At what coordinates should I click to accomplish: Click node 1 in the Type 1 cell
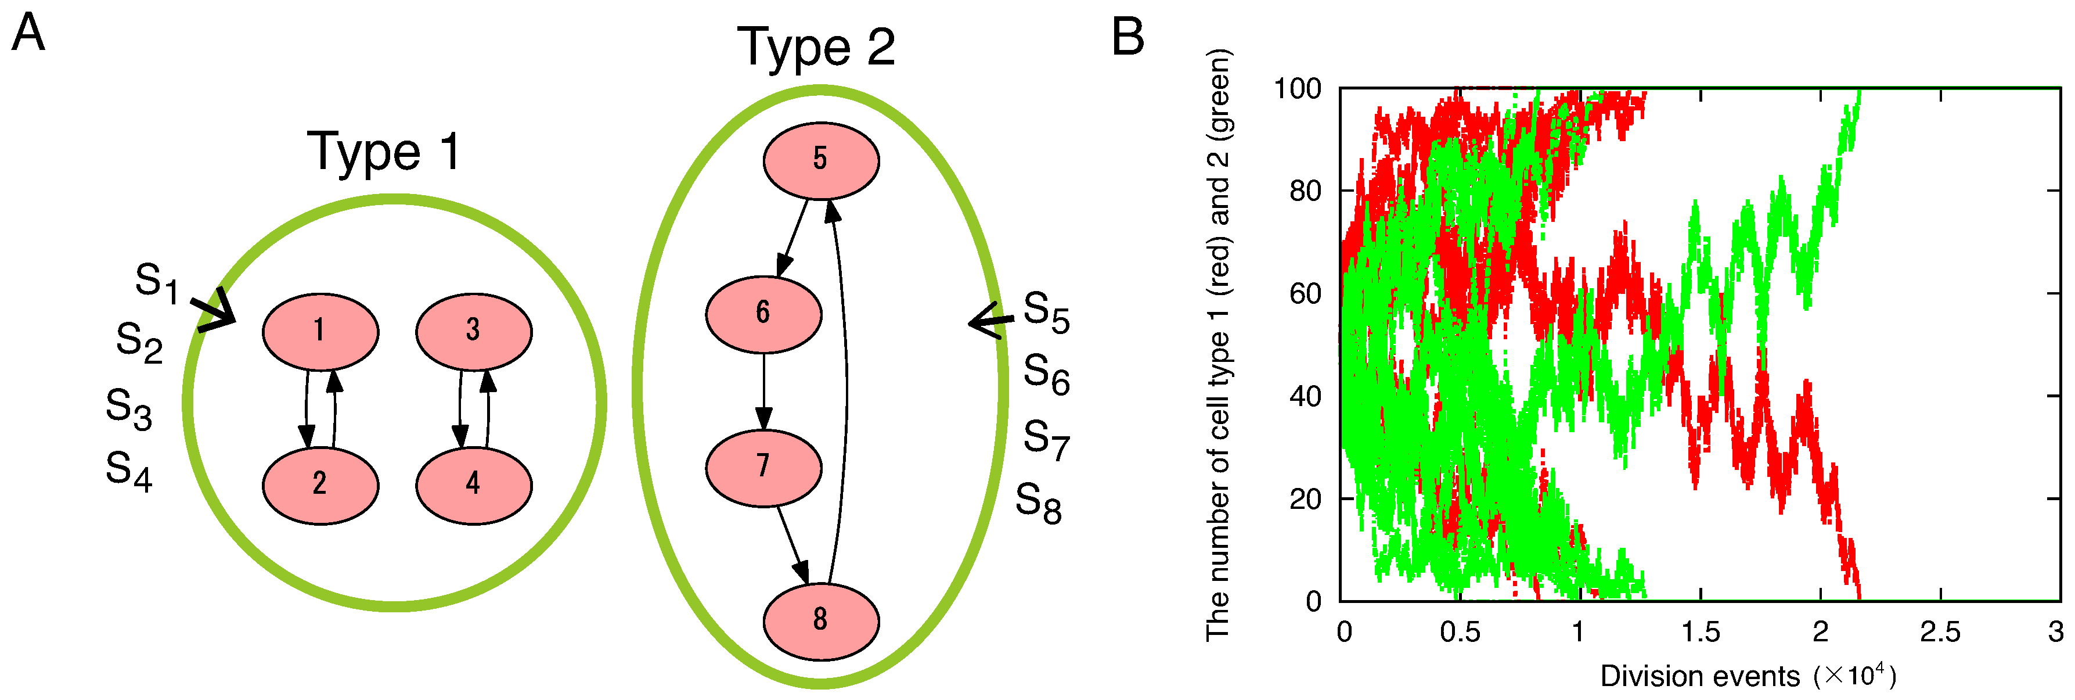[320, 331]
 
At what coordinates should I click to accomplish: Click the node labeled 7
[763, 467]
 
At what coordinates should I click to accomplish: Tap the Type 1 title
[384, 152]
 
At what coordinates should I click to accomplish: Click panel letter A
[28, 34]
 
